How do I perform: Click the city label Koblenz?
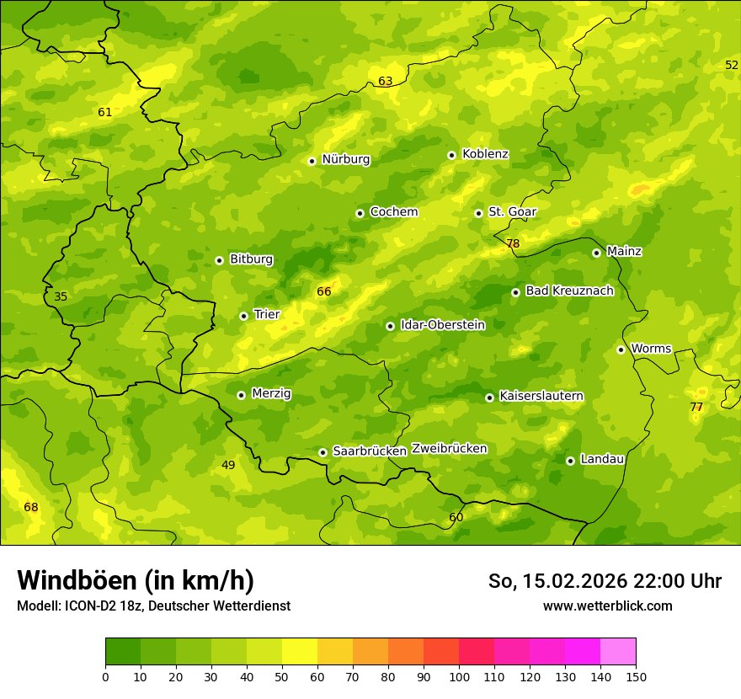point(485,154)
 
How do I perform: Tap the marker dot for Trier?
point(244,316)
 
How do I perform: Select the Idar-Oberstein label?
point(442,325)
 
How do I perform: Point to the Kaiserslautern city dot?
point(489,398)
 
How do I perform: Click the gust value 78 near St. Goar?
point(513,244)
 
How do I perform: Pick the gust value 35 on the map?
point(61,296)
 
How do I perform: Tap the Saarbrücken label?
point(370,451)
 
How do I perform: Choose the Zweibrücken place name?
point(449,449)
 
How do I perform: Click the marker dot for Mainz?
point(596,253)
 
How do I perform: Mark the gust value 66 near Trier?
point(324,292)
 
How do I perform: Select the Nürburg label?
point(345,159)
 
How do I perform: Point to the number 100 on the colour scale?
point(459,676)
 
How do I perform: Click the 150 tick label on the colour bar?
point(635,676)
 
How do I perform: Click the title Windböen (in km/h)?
point(136,580)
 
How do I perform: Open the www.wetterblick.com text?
point(607,606)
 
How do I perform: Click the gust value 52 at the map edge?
point(732,66)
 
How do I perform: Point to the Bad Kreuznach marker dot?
point(515,292)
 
